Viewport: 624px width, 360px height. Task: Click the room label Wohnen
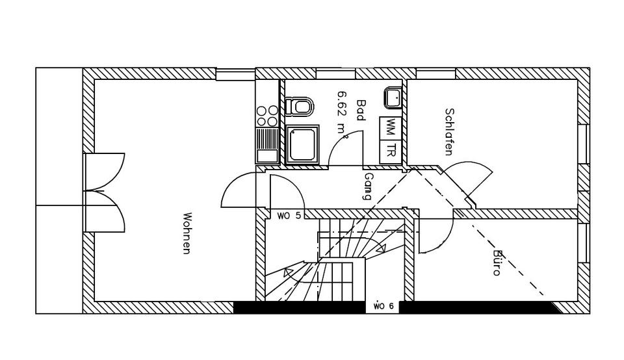(x=187, y=233)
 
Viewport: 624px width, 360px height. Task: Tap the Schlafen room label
(x=448, y=131)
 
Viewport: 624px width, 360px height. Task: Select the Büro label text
(x=498, y=263)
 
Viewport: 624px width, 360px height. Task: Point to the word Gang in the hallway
(x=369, y=186)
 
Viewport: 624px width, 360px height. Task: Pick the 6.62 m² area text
(x=342, y=113)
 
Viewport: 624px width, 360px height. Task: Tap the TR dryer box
(x=391, y=151)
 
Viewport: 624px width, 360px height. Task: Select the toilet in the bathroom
(x=299, y=106)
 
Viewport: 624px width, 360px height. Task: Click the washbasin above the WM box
(x=393, y=98)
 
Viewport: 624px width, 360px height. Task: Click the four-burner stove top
(x=267, y=116)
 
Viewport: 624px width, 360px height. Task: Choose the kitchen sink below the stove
(x=267, y=146)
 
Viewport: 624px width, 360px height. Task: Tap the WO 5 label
(x=289, y=215)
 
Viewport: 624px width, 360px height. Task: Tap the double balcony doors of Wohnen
(x=104, y=192)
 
